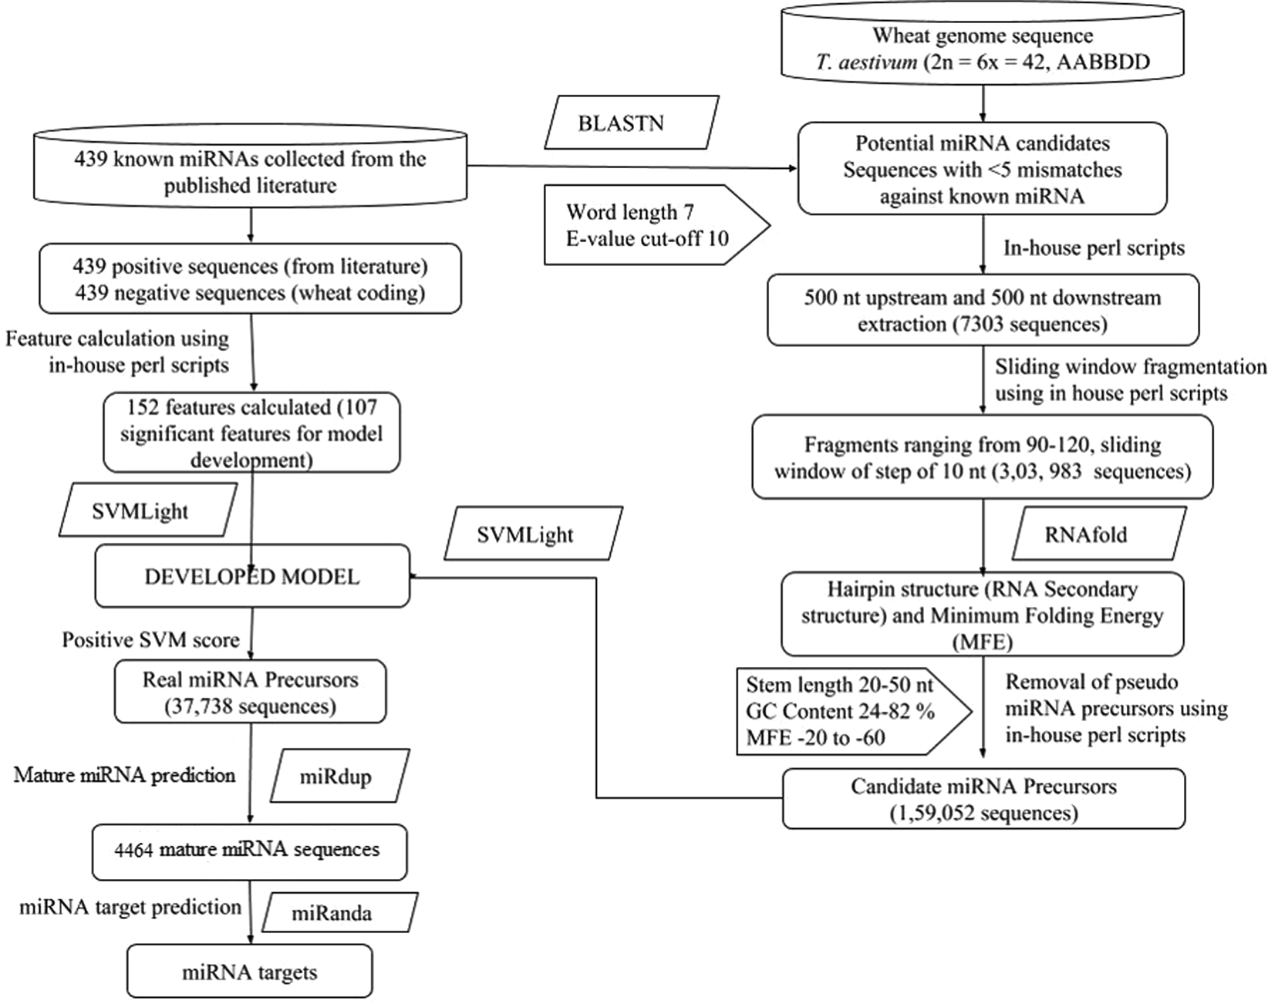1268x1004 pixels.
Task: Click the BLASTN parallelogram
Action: point(631,123)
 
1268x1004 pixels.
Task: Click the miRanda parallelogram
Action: point(339,913)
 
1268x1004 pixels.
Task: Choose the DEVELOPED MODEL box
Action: point(251,577)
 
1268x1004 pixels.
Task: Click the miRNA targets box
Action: point(249,972)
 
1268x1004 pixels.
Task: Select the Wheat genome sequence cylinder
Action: point(982,46)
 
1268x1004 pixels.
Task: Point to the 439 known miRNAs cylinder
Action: point(250,171)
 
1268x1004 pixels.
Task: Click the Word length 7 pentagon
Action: point(648,224)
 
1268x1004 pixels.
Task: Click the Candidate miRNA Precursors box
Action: point(983,799)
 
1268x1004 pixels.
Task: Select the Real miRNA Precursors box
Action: point(250,692)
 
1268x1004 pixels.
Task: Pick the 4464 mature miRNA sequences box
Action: point(249,851)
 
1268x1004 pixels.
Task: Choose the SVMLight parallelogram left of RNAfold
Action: point(532,534)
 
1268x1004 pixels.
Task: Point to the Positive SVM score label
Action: point(150,640)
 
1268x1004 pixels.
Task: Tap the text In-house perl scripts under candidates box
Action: point(1094,248)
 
